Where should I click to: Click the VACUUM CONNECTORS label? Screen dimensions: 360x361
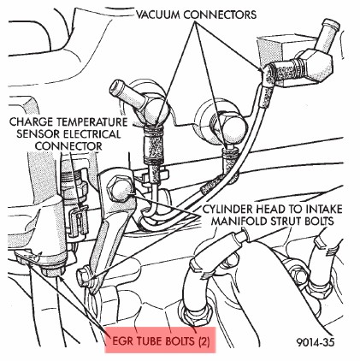click(196, 15)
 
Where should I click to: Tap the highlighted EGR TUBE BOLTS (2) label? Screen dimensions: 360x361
click(161, 340)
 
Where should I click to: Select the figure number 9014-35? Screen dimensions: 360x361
click(315, 342)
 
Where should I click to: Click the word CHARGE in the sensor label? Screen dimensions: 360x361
click(32, 121)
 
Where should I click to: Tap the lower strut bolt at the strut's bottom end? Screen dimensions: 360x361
click(86, 276)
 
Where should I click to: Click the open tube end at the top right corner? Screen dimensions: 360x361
click(333, 24)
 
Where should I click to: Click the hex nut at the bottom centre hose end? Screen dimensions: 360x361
click(196, 316)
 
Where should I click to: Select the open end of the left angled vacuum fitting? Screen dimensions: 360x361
click(116, 86)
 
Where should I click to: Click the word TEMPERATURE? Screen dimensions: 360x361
click(92, 121)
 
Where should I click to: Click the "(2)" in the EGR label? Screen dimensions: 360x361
click(204, 341)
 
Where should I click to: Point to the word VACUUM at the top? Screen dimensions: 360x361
click(157, 15)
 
